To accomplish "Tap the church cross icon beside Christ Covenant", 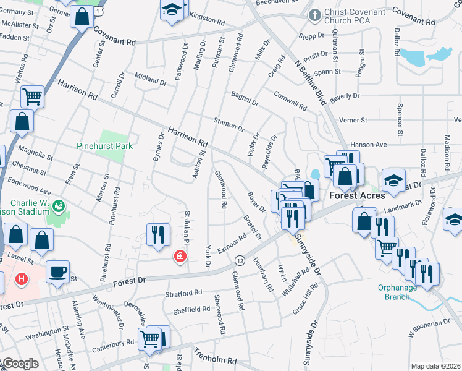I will click(x=315, y=14).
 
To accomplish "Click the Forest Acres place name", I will click(x=357, y=195).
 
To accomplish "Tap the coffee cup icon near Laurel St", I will click(x=57, y=271).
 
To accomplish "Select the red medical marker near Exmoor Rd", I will click(x=180, y=256).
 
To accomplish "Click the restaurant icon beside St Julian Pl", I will click(x=157, y=234).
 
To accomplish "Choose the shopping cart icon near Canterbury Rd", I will click(x=149, y=338).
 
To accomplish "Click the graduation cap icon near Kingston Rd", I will click(x=172, y=9).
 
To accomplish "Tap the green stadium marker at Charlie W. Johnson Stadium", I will click(x=59, y=205).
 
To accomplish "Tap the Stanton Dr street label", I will click(x=229, y=124).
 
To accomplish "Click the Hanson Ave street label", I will click(x=367, y=145).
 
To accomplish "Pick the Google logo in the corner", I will click(x=20, y=364).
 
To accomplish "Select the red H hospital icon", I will click(x=22, y=279).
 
